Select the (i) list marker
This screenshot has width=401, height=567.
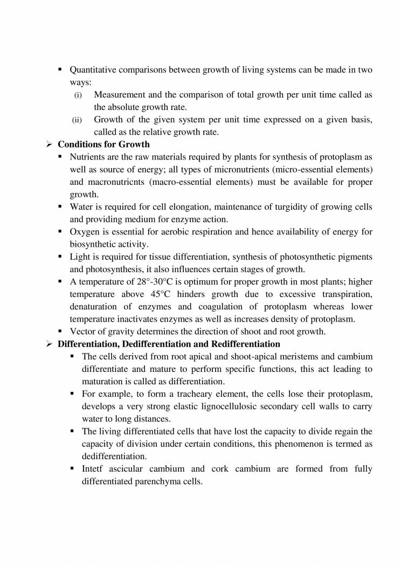click(78, 95)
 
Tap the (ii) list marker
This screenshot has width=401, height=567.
click(77, 120)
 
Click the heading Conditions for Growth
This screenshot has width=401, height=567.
click(103, 144)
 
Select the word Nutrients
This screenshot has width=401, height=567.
click(86, 157)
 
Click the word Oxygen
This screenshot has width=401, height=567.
click(85, 232)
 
